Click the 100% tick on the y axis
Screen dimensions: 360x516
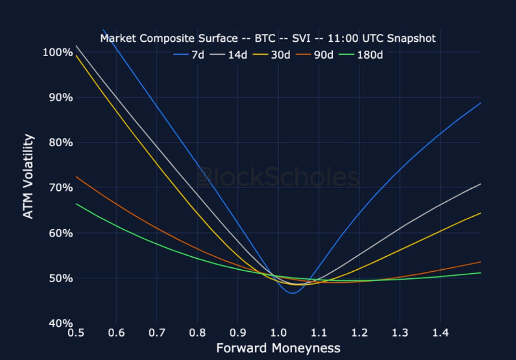click(x=58, y=53)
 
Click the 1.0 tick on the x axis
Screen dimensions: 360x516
click(x=278, y=333)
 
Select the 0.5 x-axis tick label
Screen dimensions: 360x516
click(x=76, y=333)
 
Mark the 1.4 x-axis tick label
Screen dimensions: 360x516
click(x=440, y=333)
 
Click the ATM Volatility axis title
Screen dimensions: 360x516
click(x=28, y=177)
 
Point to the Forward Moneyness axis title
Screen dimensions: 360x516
click(x=278, y=348)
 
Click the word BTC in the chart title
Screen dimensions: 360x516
click(x=265, y=38)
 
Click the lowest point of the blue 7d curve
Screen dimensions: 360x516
click(x=292, y=293)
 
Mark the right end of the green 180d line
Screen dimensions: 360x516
click(x=480, y=273)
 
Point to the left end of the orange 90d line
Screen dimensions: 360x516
click(x=76, y=177)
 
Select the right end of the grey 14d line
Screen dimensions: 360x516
click(x=480, y=184)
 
